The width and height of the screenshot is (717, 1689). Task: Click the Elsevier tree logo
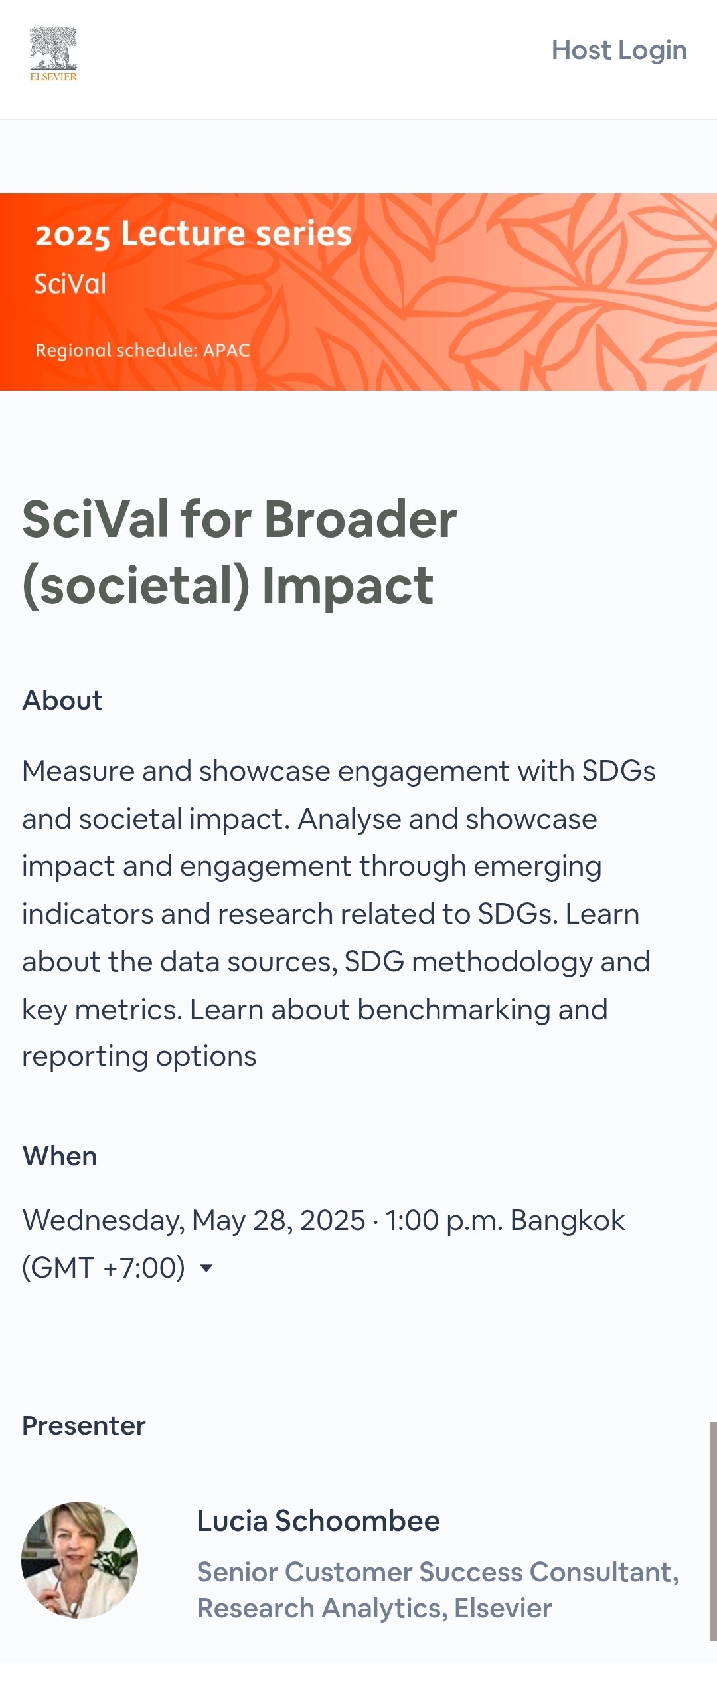(x=53, y=54)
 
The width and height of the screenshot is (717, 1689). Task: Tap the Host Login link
(x=619, y=50)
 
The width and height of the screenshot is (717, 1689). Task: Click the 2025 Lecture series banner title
(x=193, y=234)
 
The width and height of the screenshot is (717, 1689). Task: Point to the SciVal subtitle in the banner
(x=70, y=284)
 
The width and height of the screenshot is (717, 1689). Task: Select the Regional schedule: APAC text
(x=143, y=350)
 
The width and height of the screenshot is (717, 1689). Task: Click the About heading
(x=62, y=700)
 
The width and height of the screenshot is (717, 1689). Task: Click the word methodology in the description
(x=503, y=962)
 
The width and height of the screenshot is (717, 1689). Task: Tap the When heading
(x=60, y=1156)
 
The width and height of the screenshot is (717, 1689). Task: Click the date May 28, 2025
(x=278, y=1221)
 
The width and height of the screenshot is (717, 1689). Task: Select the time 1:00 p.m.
(x=444, y=1221)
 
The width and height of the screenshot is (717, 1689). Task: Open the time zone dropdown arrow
(x=206, y=1268)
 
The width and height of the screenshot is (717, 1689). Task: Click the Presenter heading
(x=84, y=1425)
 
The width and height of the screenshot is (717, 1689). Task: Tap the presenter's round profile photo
(x=80, y=1559)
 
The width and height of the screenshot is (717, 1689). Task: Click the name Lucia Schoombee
(x=319, y=1521)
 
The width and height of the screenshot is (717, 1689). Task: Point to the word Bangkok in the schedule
(x=568, y=1221)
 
